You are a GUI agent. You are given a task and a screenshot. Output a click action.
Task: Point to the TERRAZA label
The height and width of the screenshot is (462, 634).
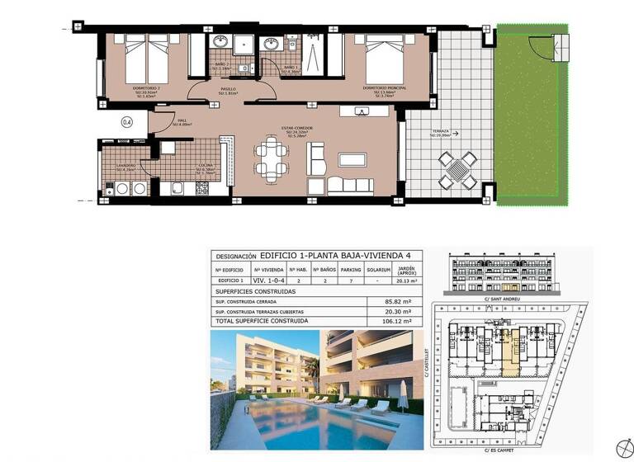pyautogui.click(x=438, y=131)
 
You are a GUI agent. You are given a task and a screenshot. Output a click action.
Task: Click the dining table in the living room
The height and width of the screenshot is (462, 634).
pyautogui.click(x=272, y=158)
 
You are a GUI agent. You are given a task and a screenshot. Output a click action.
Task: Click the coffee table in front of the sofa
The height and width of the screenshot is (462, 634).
pyautogui.click(x=356, y=159)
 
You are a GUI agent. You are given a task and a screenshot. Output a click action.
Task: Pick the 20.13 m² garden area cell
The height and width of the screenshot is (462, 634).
pyautogui.click(x=405, y=281)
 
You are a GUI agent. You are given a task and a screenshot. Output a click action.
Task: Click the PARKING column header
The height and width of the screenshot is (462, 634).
pyautogui.click(x=351, y=269)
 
